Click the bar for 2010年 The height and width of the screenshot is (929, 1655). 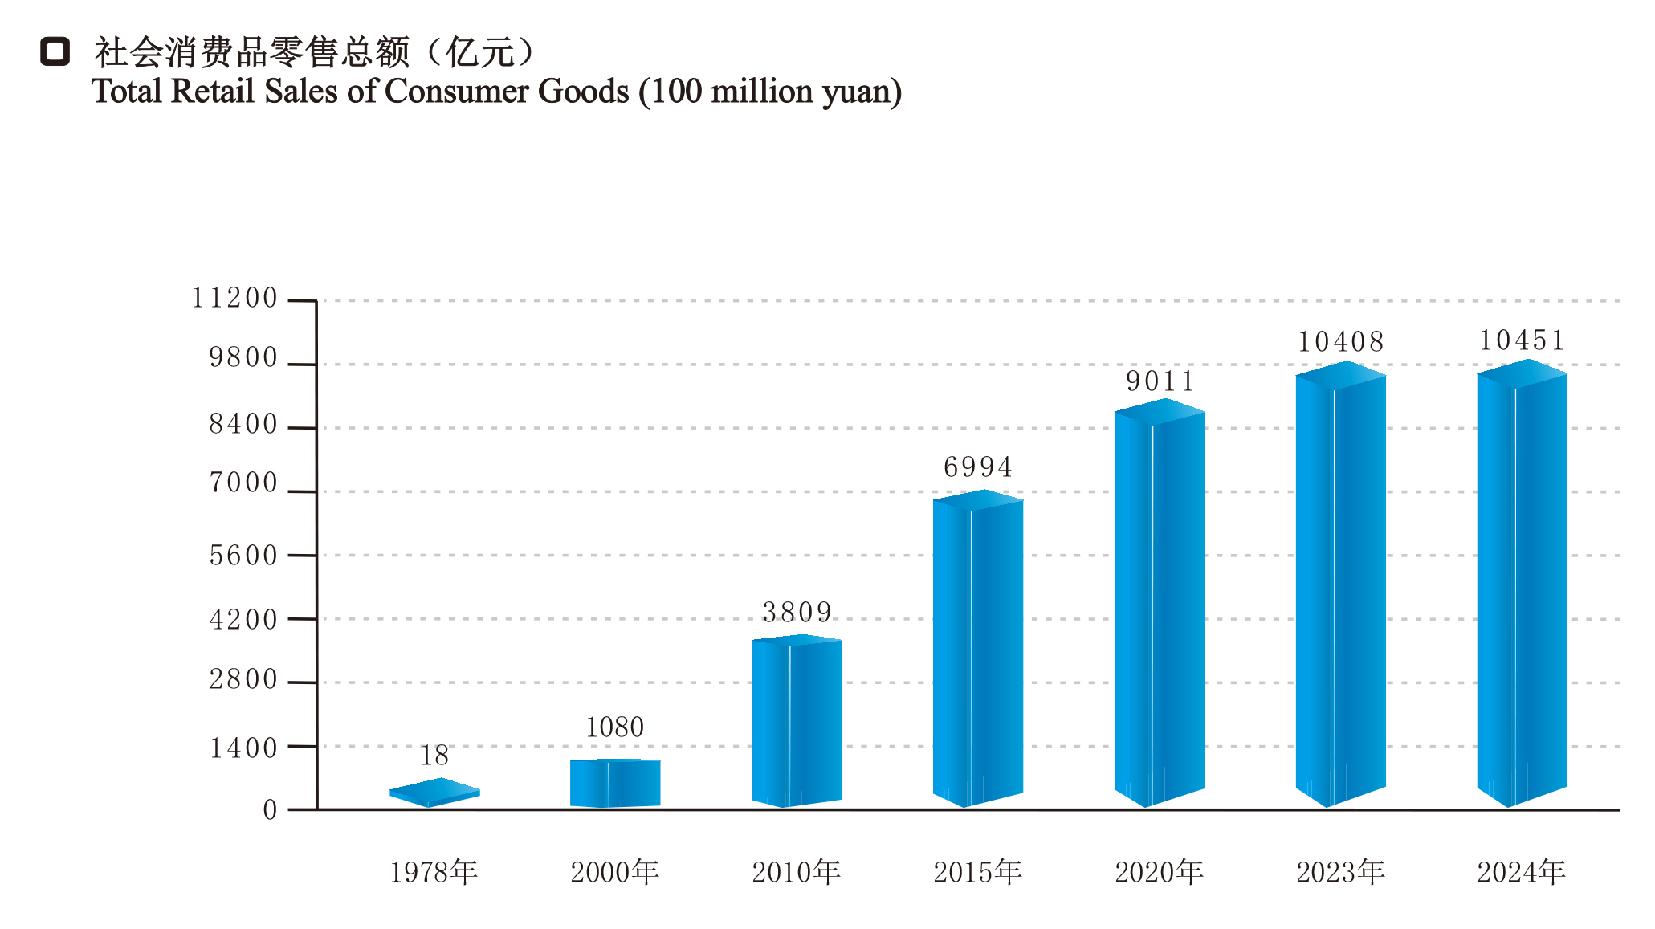(x=797, y=721)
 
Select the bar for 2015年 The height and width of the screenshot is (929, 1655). (x=978, y=649)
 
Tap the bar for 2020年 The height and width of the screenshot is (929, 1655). (x=1160, y=603)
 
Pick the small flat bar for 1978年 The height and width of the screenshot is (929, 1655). (x=434, y=793)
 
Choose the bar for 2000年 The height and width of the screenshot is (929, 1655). (x=615, y=783)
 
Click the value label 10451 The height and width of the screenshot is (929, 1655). (x=1523, y=340)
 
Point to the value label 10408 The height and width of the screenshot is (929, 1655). (x=1341, y=342)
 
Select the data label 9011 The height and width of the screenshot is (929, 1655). (x=1160, y=381)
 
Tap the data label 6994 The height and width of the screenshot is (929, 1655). (x=978, y=467)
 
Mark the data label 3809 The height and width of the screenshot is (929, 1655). (x=797, y=613)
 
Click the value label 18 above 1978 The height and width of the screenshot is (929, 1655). (x=434, y=756)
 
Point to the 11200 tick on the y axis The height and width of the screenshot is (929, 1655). (x=234, y=299)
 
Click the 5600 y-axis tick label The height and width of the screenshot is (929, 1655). (x=243, y=556)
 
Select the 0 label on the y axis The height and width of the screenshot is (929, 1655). (x=270, y=810)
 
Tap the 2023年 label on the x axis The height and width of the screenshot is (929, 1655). (x=1341, y=872)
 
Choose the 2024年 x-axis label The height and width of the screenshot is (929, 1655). (x=1522, y=872)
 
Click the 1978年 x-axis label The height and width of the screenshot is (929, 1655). (x=434, y=872)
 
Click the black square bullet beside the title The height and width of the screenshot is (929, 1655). (x=55, y=52)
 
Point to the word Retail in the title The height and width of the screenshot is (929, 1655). (x=214, y=92)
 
